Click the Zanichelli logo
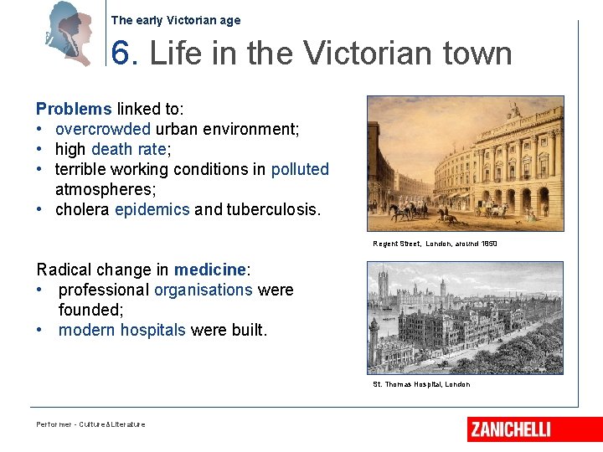click(x=511, y=429)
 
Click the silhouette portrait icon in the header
click(x=70, y=33)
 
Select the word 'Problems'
click(x=74, y=109)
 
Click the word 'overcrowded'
click(x=103, y=129)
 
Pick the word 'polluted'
click(x=300, y=169)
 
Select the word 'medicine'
click(x=210, y=270)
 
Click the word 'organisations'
click(x=203, y=290)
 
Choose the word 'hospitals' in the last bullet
click(x=152, y=330)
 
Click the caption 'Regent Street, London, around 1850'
click(x=435, y=244)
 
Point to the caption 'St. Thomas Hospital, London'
click(x=421, y=384)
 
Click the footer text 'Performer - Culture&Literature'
click(x=90, y=424)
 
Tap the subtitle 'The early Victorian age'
click(x=175, y=20)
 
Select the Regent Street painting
click(x=465, y=163)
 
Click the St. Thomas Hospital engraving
click(x=465, y=317)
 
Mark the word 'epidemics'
click(x=152, y=209)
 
